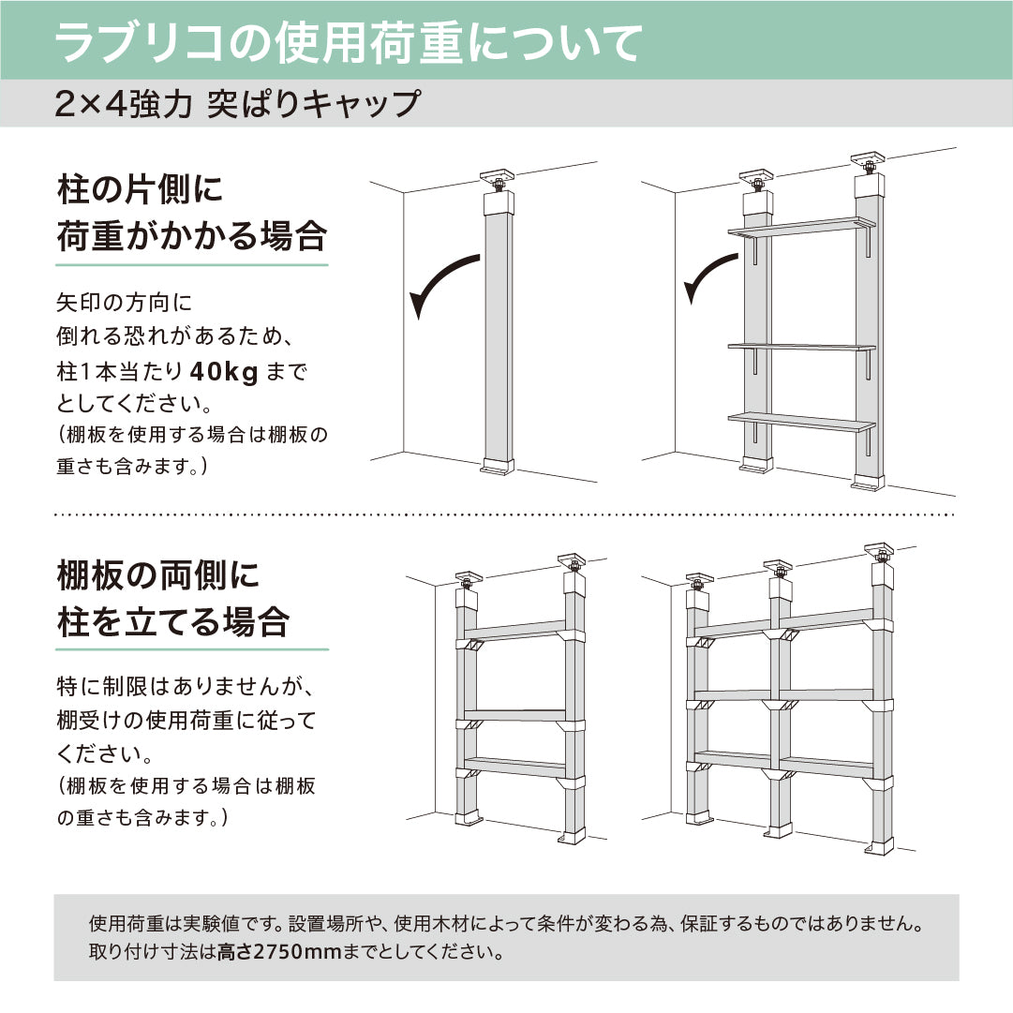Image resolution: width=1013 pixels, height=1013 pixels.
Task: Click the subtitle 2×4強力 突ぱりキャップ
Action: click(x=236, y=103)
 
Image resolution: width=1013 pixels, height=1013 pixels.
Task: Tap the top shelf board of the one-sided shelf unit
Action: click(x=801, y=227)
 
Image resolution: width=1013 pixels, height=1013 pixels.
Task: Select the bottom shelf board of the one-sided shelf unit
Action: click(x=801, y=423)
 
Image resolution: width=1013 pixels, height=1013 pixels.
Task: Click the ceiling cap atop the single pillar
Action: click(x=498, y=179)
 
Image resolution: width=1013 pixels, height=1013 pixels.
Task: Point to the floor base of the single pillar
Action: click(x=498, y=466)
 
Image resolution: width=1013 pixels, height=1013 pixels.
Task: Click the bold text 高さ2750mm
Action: click(x=267, y=954)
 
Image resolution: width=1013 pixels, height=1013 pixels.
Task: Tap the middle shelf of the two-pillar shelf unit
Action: click(x=515, y=715)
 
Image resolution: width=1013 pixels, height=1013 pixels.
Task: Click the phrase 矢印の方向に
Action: click(x=123, y=304)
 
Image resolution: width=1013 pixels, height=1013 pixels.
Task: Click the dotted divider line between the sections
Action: click(x=506, y=514)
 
